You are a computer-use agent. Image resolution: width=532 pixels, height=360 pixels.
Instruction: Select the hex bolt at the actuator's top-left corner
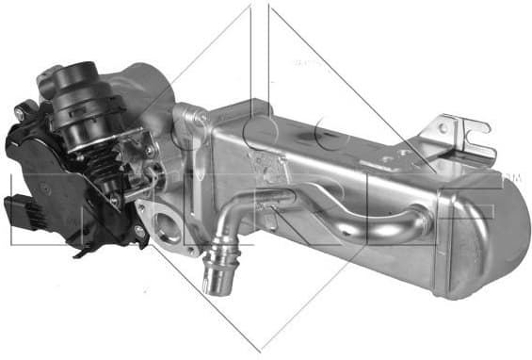pos(19,113)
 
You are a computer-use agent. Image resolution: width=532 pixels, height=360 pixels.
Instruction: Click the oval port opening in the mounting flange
pos(169,228)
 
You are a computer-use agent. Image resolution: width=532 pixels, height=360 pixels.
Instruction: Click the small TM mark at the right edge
pos(512,176)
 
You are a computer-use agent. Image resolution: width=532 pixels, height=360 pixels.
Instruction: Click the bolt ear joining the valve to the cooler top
pos(196,117)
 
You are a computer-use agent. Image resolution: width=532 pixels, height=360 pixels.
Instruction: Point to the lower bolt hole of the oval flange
pos(188,247)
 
